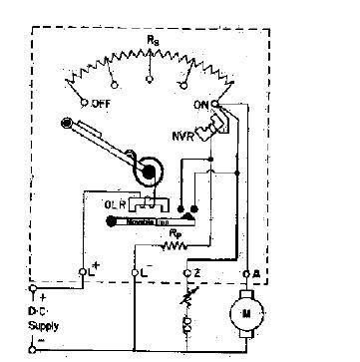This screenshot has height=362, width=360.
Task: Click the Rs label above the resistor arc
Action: [152, 40]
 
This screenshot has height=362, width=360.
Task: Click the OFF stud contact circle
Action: [83, 101]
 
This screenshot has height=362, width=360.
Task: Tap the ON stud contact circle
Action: [217, 103]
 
